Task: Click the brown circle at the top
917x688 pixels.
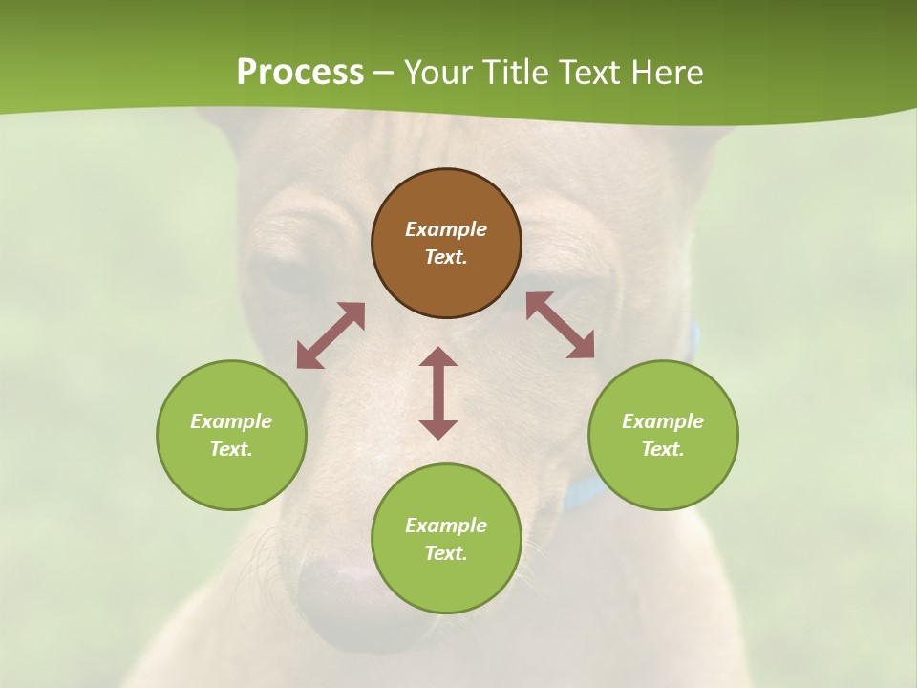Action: [446, 244]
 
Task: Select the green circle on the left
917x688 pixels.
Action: [231, 435]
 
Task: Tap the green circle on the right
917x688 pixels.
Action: [663, 435]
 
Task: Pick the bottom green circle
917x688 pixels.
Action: [446, 539]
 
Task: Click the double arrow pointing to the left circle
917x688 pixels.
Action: [331, 335]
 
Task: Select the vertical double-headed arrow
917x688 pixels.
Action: [438, 393]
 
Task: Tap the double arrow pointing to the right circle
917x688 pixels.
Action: [561, 325]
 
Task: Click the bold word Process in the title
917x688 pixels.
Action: [300, 72]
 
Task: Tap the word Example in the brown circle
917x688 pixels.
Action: [446, 229]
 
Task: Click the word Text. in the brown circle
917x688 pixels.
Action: [446, 257]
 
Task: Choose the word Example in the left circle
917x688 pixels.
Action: [231, 421]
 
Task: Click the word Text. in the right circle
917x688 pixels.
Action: [663, 449]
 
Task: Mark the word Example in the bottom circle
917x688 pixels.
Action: [446, 526]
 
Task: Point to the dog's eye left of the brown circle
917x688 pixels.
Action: [287, 275]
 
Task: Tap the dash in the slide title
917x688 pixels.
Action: [383, 73]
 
